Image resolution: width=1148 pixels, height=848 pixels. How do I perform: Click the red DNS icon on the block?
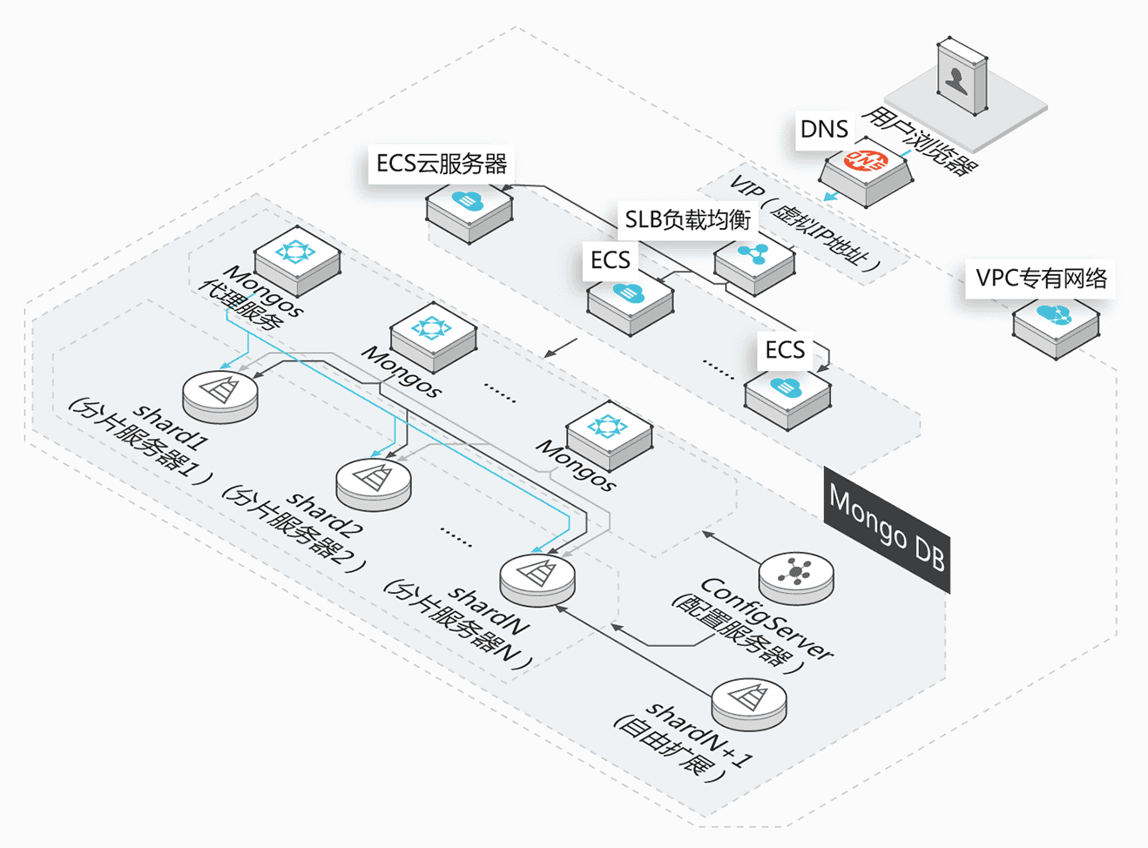point(866,161)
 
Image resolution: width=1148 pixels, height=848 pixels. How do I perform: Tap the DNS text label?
point(824,130)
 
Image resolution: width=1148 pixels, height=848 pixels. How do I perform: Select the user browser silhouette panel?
point(962,77)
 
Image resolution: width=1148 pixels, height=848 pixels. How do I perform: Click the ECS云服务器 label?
point(441,164)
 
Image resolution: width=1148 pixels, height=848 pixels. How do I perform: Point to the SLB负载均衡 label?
point(687,220)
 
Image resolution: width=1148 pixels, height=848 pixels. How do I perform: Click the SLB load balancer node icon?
point(754,264)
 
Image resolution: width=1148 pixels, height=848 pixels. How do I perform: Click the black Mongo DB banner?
point(887,528)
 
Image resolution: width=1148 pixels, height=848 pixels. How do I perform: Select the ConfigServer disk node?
point(796,578)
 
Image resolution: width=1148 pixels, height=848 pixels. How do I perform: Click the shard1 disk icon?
point(220,396)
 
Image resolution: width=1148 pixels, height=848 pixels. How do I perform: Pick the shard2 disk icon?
point(373,484)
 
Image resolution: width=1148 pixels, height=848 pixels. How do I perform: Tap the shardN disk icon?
point(537,580)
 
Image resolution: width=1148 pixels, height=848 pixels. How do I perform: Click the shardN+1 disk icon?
point(749,703)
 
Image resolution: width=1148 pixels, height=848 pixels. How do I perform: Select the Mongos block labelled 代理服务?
point(297,260)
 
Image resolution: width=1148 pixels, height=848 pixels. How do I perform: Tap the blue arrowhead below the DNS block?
point(831,197)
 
